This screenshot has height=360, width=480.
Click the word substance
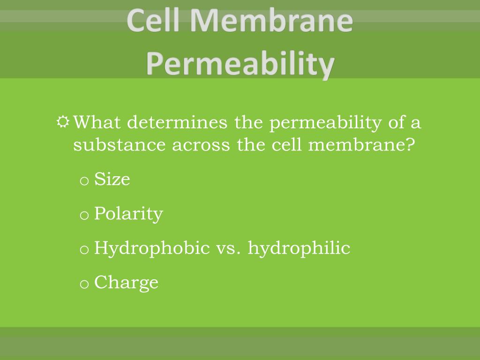120,145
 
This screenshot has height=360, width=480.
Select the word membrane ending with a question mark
362,145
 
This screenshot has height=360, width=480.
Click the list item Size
112,179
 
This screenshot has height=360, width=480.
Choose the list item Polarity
128,214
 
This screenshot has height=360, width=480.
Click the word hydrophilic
299,248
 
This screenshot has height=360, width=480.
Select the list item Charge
126,283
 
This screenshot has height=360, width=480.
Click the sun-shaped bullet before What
63,123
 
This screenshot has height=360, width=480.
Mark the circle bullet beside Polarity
84,216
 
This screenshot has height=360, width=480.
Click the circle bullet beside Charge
84,284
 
